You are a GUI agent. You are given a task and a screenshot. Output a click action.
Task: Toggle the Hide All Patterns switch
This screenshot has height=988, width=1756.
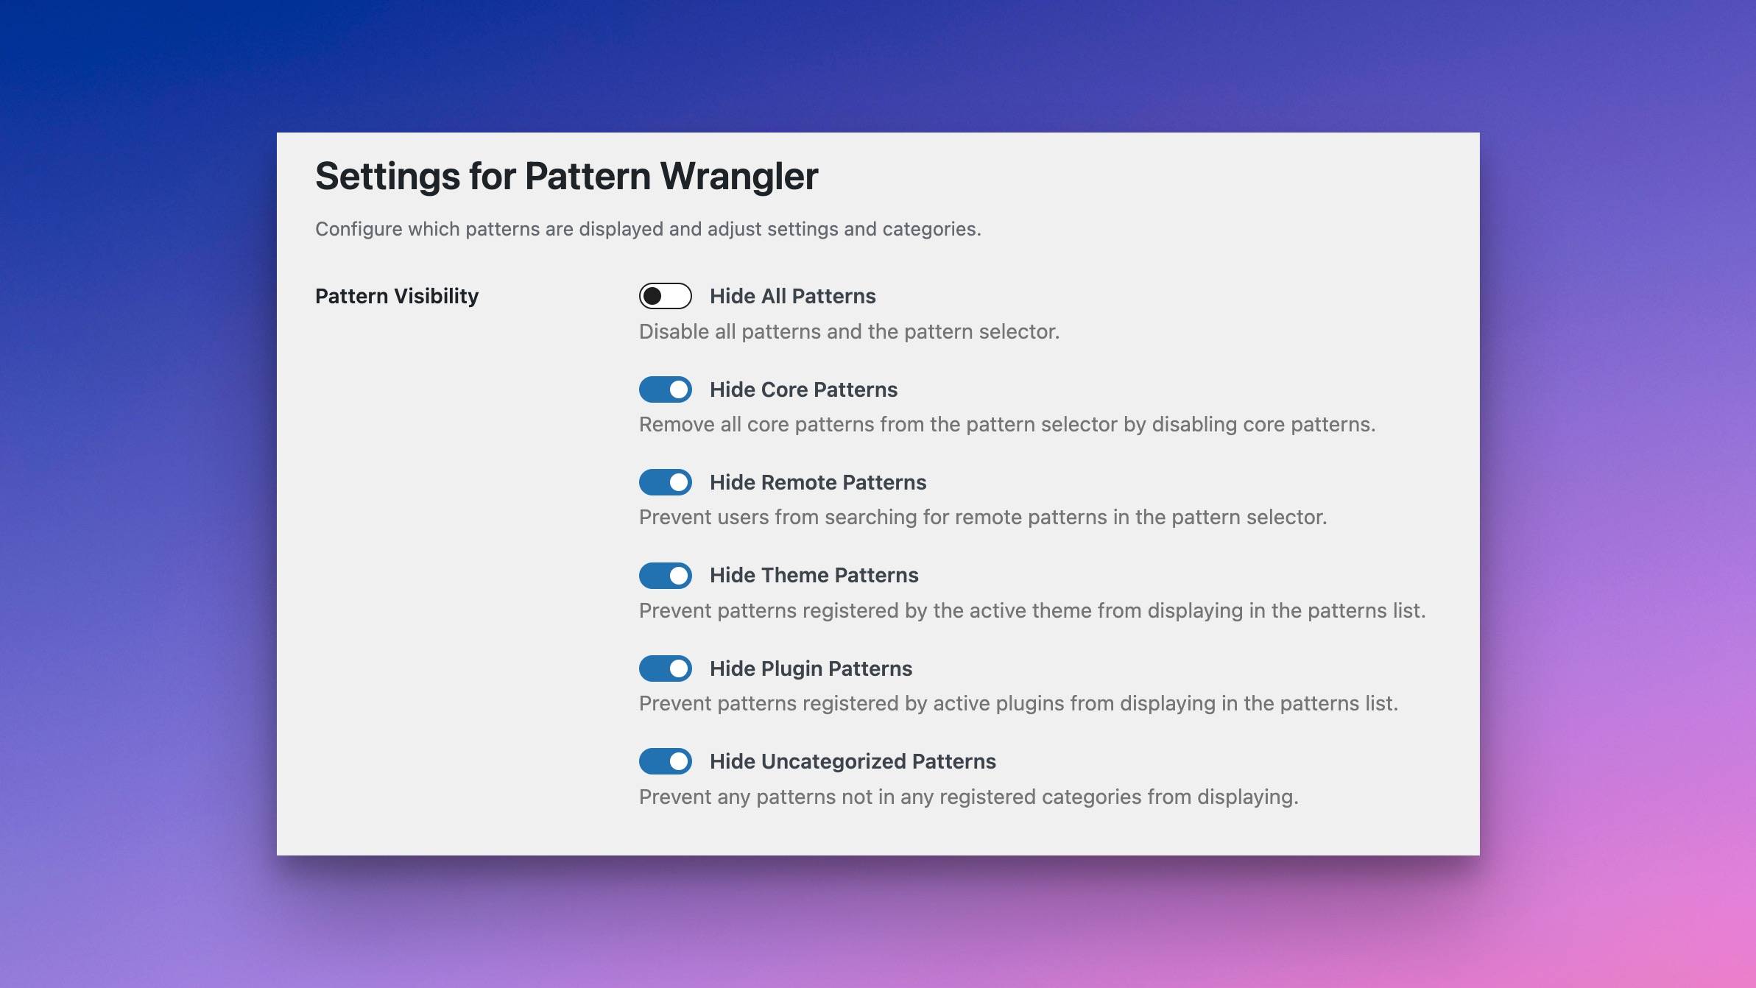(x=665, y=296)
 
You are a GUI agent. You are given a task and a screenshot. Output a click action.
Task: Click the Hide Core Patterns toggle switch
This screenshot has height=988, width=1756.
(x=665, y=389)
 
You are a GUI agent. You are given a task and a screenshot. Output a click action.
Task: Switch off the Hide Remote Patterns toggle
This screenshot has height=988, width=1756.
(x=665, y=482)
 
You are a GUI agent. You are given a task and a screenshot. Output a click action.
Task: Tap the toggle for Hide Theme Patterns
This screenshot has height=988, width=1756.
(x=665, y=575)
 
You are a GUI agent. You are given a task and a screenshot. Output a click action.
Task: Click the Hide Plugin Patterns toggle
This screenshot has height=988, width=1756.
(x=665, y=668)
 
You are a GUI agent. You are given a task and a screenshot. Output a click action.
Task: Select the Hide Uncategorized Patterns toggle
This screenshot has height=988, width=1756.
(x=665, y=761)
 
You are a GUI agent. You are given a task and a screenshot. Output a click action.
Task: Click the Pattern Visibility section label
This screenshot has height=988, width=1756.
(x=397, y=296)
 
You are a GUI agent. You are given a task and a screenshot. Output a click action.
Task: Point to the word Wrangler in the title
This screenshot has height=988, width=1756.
(x=739, y=177)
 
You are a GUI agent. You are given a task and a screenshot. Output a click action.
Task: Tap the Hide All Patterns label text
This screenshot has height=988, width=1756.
(x=793, y=296)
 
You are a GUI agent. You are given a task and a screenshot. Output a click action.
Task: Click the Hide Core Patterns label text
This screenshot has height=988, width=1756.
(x=803, y=389)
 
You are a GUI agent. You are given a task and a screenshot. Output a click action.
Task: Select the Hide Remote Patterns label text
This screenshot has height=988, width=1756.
(x=818, y=482)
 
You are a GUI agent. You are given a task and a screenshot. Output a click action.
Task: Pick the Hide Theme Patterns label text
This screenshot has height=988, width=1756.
(x=814, y=575)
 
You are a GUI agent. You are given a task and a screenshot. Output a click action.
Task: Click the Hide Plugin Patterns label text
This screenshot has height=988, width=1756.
(x=811, y=668)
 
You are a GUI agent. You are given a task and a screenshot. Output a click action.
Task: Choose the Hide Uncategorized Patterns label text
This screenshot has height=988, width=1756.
(x=853, y=761)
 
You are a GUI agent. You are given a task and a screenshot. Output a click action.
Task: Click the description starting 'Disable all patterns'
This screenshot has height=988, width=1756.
(x=849, y=332)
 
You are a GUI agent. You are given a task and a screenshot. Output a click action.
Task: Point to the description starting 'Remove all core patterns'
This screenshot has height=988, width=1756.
(x=1007, y=425)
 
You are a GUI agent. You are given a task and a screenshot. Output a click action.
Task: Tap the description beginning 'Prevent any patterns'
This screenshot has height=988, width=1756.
(x=968, y=797)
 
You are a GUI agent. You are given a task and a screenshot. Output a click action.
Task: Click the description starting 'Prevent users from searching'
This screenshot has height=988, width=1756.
(x=983, y=518)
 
